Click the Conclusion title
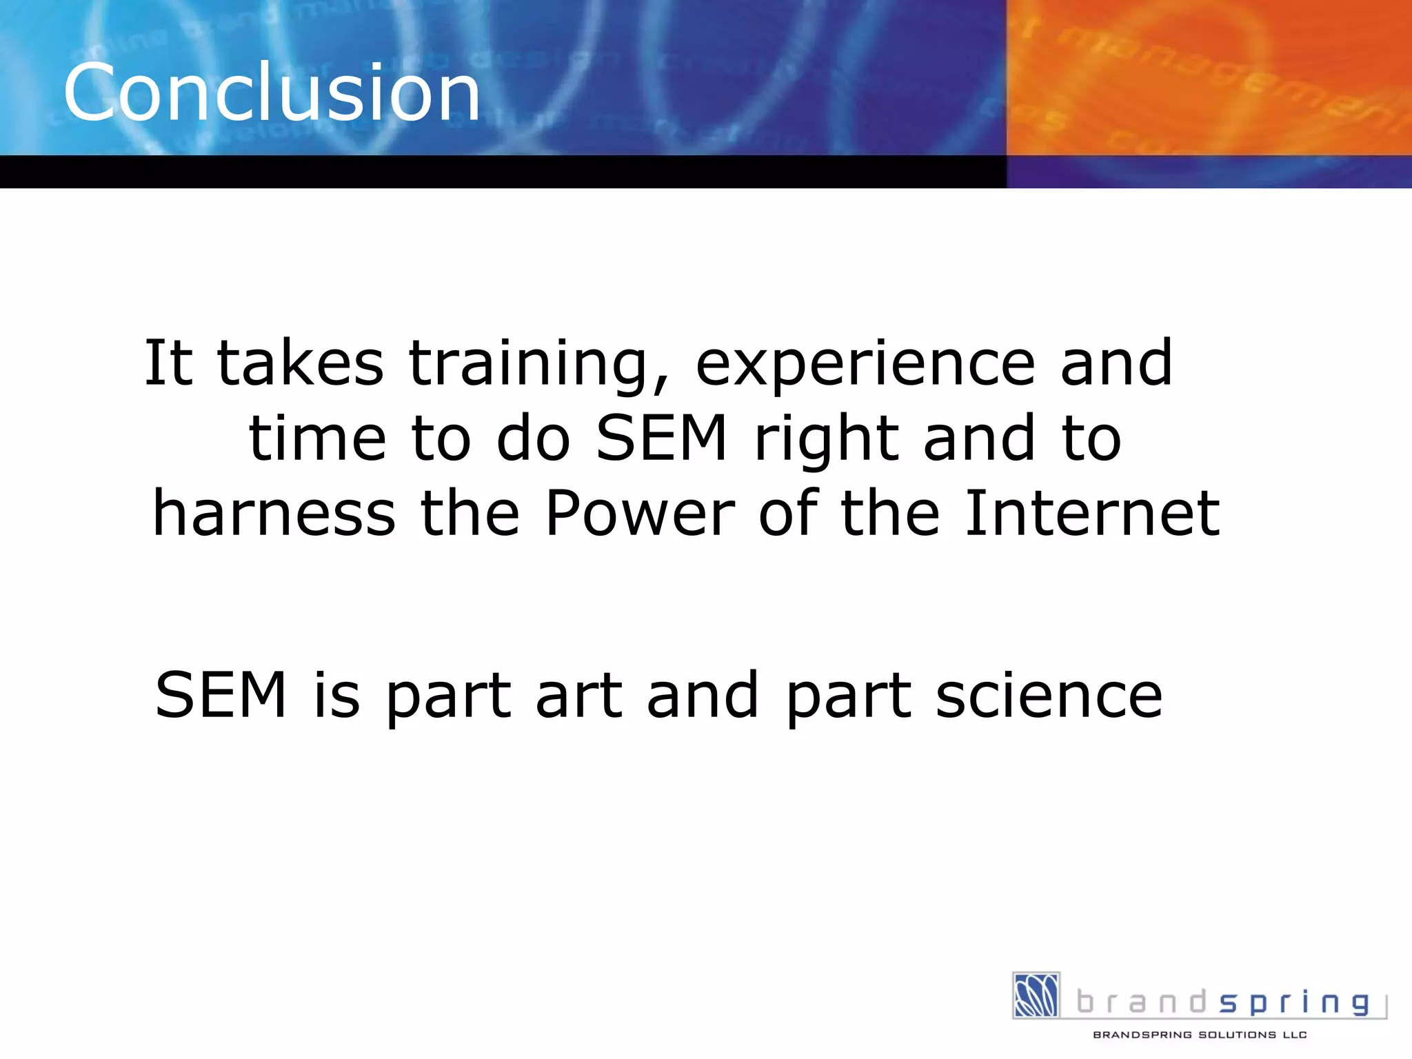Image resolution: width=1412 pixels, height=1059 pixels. [x=272, y=92]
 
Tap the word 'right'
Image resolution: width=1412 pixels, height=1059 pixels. [x=827, y=441]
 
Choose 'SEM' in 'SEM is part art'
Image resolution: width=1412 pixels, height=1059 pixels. [x=221, y=695]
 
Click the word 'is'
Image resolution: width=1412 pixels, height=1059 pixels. [x=336, y=695]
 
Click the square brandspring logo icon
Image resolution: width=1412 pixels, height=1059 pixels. [x=1036, y=995]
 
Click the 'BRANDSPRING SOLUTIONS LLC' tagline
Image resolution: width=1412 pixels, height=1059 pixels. [x=1200, y=1035]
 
